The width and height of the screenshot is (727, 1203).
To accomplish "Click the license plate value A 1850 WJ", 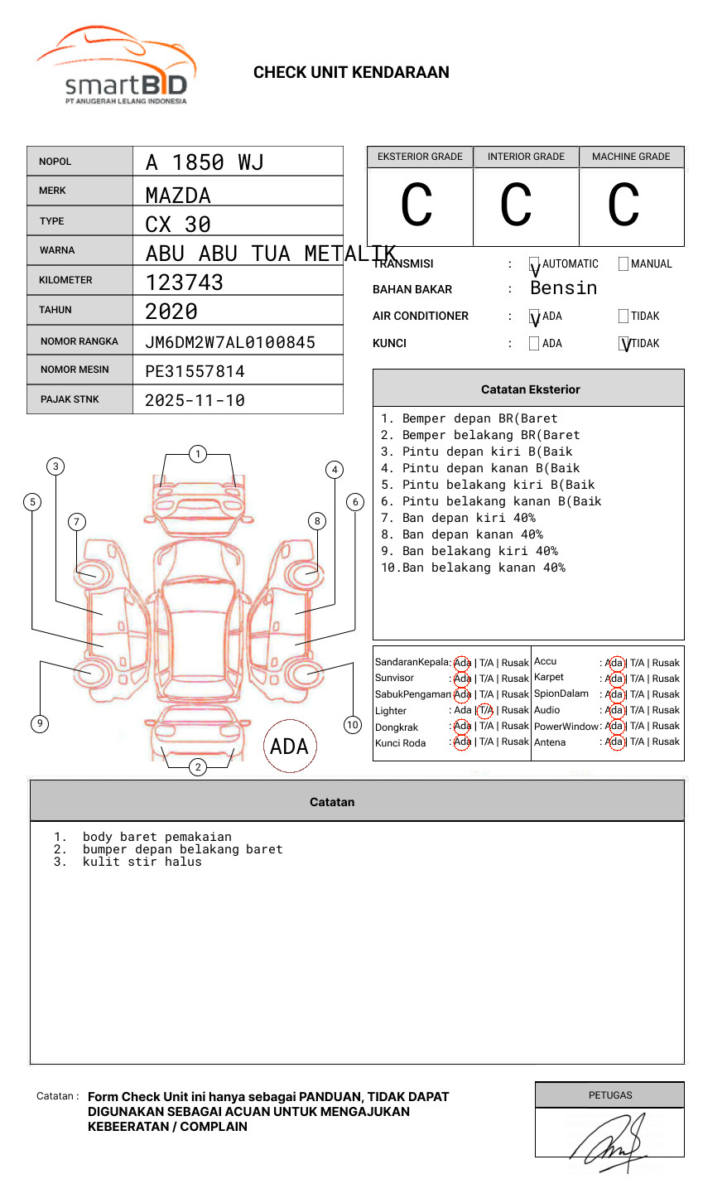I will click(205, 162).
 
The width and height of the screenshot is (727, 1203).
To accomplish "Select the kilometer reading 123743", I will click(185, 283).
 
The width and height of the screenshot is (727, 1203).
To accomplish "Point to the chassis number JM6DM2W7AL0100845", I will click(230, 342).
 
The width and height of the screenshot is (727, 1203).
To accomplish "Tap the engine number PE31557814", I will click(195, 371).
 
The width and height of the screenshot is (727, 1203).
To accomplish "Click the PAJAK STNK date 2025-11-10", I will click(195, 400).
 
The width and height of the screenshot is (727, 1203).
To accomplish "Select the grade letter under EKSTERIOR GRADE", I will click(416, 205).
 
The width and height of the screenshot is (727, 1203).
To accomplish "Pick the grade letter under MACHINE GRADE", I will click(623, 205).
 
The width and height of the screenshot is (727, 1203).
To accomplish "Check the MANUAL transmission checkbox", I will click(623, 264).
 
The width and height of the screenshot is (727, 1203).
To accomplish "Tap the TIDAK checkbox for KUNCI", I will click(624, 344).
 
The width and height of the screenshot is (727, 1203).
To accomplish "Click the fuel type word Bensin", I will click(564, 288).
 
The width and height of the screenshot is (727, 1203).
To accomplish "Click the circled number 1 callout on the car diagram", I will click(198, 454).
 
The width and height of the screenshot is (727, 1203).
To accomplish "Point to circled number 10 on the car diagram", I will click(353, 725).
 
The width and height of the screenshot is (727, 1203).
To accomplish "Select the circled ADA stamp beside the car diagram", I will click(290, 746).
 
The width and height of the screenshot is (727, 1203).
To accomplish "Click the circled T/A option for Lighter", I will click(485, 710).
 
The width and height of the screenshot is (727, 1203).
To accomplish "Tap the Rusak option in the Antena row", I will click(666, 742).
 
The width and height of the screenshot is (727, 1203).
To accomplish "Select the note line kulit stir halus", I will click(142, 862).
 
